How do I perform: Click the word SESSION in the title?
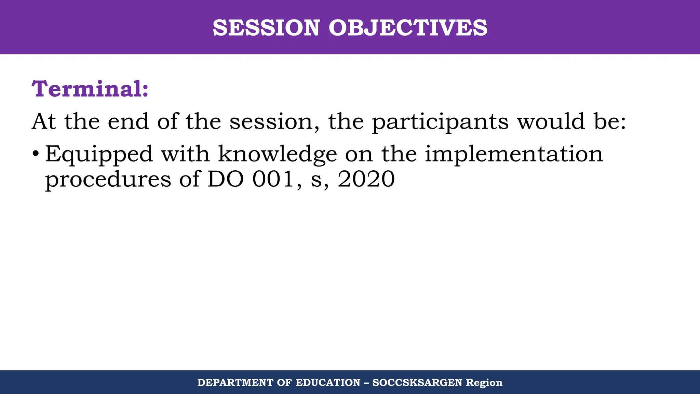(x=266, y=28)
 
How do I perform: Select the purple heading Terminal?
(x=90, y=89)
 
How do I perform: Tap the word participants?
(x=440, y=122)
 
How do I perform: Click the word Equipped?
(x=99, y=155)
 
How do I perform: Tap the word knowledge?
(x=278, y=155)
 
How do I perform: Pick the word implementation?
(x=514, y=155)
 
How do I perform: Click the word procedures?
(x=108, y=180)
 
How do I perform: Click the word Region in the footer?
(x=484, y=383)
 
